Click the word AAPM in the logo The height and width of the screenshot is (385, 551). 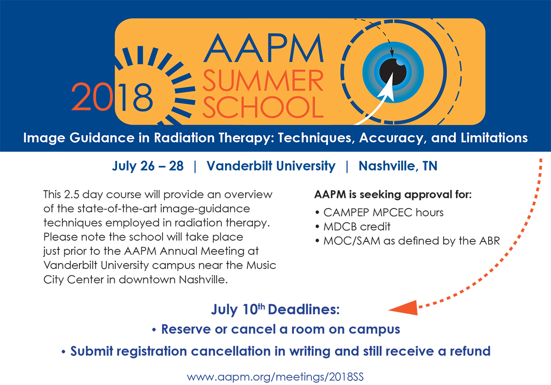pos(262,48)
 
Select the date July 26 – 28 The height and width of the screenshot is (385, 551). pos(147,166)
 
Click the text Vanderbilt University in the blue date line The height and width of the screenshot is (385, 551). pos(271,166)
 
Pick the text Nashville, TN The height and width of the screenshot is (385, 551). pos(398,166)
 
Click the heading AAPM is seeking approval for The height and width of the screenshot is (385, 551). pos(393,194)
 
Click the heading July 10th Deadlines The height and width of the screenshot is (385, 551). pos(275,309)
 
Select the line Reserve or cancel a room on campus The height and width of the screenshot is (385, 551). pos(275,329)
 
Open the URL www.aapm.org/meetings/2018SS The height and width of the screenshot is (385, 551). pos(275,377)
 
